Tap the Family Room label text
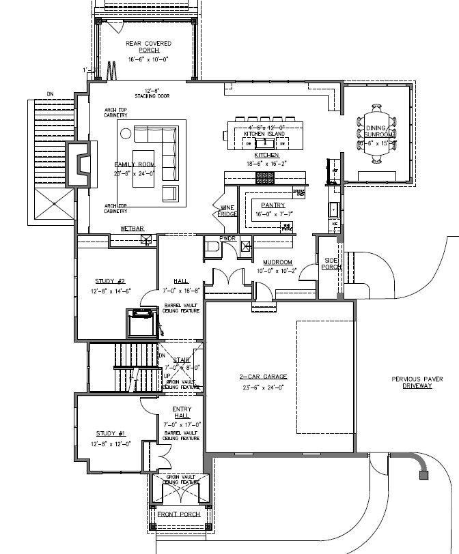coord(135,165)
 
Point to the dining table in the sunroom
coord(378,132)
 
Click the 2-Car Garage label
coord(263,377)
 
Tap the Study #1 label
coord(109,433)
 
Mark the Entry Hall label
coord(182,412)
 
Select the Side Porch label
coord(331,263)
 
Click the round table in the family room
coord(126,133)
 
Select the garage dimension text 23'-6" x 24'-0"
coord(263,387)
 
